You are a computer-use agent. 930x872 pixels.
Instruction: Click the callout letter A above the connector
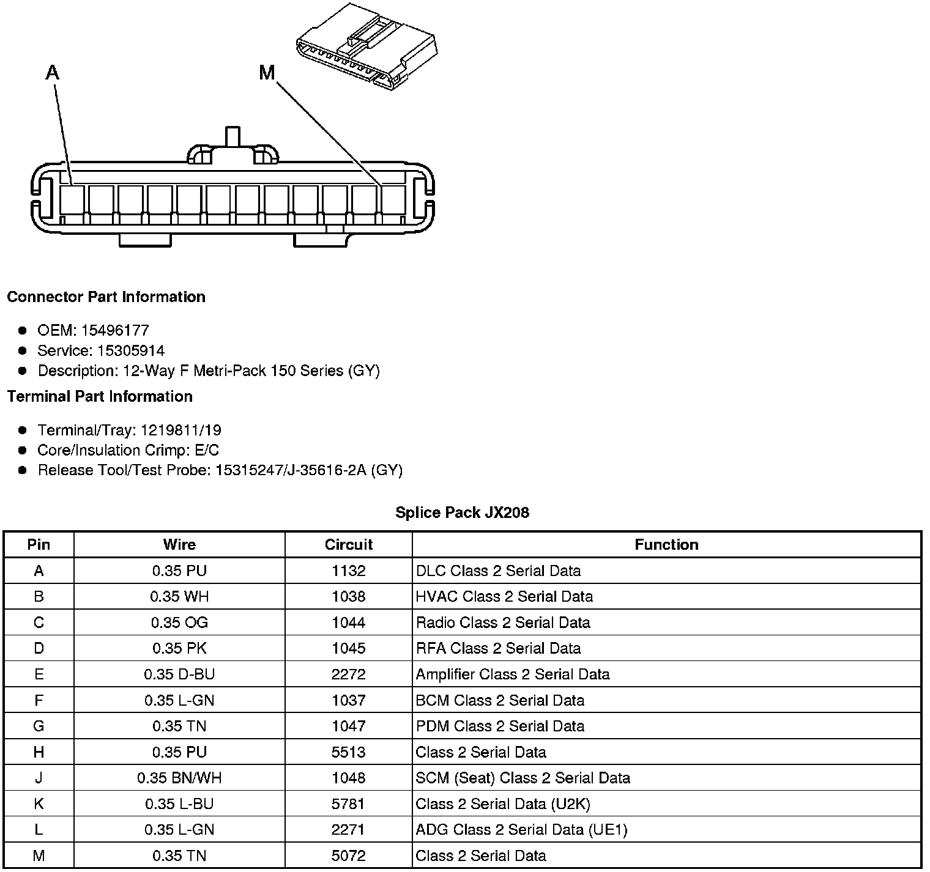click(53, 73)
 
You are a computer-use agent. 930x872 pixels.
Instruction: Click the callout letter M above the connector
click(267, 73)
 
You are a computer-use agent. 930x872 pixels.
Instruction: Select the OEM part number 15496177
click(115, 330)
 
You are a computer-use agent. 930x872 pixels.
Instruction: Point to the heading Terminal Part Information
click(100, 396)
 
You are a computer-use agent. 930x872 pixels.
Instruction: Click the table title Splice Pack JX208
click(462, 512)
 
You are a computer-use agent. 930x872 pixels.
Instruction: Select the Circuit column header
click(348, 544)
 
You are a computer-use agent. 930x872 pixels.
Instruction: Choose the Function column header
click(666, 544)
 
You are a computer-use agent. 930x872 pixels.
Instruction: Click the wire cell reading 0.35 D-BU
click(179, 674)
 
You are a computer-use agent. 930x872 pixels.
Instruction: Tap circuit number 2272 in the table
click(348, 674)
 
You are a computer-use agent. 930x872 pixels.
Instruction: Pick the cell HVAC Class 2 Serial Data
click(504, 596)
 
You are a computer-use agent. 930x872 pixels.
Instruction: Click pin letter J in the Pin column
click(39, 778)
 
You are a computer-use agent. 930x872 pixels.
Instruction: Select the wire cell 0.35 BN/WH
click(179, 778)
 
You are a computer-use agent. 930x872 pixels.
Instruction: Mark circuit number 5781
click(348, 804)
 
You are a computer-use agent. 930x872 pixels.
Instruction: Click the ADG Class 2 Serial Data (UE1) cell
click(521, 829)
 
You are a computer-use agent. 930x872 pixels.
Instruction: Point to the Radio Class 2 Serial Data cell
click(503, 623)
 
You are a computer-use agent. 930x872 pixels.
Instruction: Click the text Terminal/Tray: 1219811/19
click(129, 430)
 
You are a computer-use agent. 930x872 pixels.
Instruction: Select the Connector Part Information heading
click(106, 297)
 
